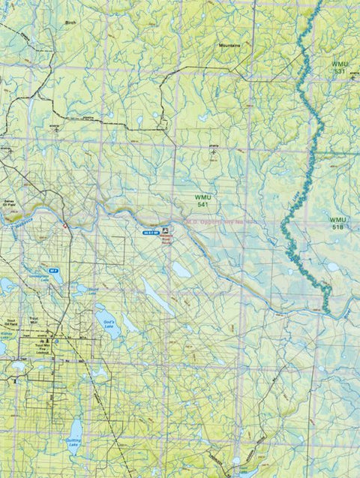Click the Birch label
click(x=71, y=23)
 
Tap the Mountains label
click(x=229, y=45)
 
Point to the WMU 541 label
click(x=198, y=200)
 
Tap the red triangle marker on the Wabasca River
click(x=65, y=224)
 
